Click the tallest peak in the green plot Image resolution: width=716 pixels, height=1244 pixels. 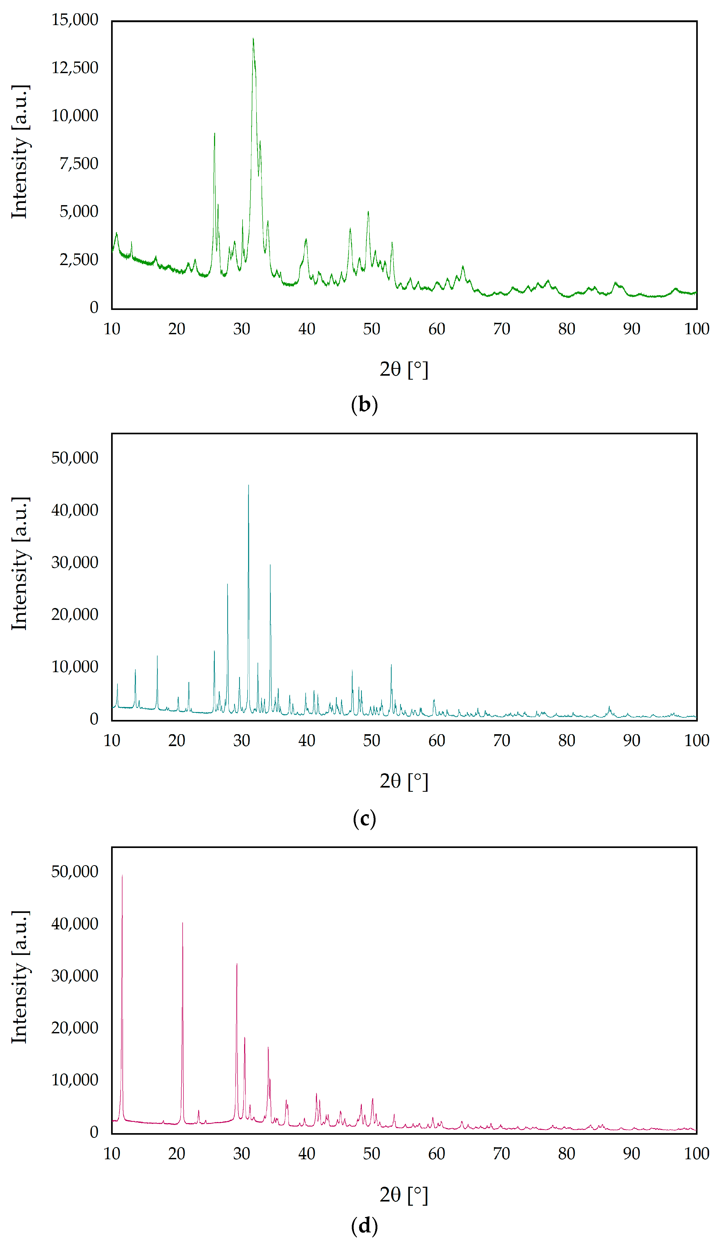pos(253,39)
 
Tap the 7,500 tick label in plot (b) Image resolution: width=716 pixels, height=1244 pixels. pos(79,163)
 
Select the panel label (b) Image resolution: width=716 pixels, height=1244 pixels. pos(364,404)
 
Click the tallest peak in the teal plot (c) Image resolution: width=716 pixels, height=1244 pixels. pos(248,486)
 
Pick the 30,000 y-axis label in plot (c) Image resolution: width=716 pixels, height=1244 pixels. pos(75,562)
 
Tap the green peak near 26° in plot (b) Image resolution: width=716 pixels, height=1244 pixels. pos(214,134)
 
